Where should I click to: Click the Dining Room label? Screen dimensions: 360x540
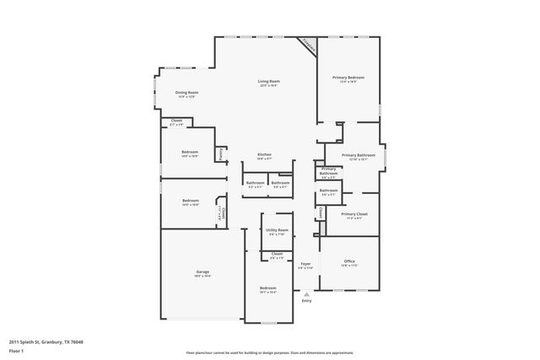click(x=186, y=94)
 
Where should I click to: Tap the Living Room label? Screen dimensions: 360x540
click(x=268, y=83)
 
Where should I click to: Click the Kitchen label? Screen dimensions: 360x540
click(x=264, y=155)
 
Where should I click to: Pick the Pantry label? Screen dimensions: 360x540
click(x=221, y=153)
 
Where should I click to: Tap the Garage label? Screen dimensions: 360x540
click(x=202, y=272)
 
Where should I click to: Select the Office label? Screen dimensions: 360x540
click(x=349, y=263)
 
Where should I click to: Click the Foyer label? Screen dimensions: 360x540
click(x=305, y=265)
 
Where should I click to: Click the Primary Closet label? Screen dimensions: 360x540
click(x=354, y=215)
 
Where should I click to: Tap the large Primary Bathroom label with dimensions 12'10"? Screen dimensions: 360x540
click(x=358, y=156)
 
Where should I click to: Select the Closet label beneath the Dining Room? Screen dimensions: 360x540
click(x=176, y=122)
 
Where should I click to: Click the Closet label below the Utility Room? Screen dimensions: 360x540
click(x=276, y=255)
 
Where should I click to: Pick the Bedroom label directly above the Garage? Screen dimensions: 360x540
click(x=190, y=201)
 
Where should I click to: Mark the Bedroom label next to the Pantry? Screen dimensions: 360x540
click(x=190, y=153)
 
